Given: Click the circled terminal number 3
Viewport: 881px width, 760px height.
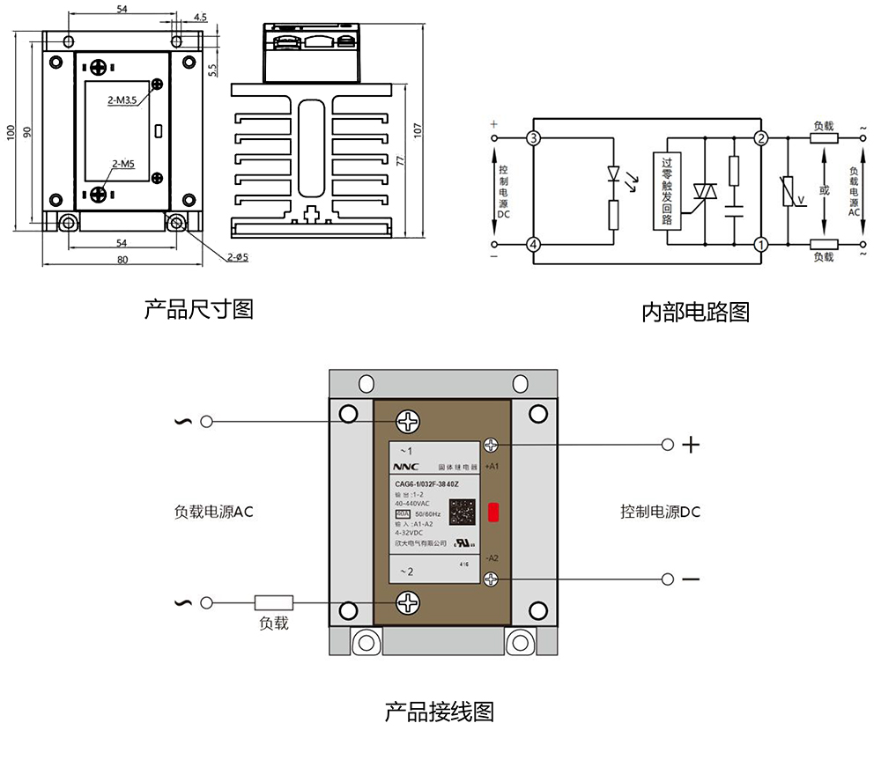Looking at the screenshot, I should tap(532, 138).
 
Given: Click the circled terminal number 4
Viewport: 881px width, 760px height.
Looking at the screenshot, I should tap(532, 244).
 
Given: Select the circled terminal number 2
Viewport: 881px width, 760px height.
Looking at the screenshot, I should tap(760, 138).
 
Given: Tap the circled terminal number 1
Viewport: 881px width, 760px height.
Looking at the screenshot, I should tap(760, 244).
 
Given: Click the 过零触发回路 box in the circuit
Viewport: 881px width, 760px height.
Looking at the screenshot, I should tap(667, 191).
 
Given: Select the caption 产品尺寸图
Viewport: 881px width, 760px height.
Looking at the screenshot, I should tap(199, 310).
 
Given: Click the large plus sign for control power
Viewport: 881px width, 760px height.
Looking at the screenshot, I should tap(692, 445).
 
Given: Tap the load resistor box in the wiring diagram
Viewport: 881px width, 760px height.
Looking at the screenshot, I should tap(273, 603).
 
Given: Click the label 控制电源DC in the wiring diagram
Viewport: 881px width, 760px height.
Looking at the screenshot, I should tap(660, 512).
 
